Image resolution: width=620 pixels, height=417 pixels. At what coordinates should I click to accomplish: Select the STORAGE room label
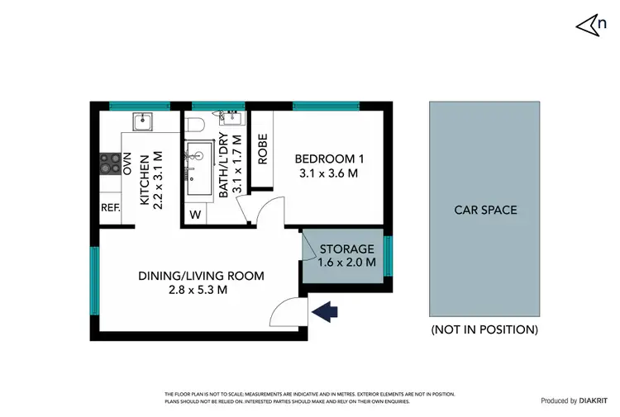coord(347,249)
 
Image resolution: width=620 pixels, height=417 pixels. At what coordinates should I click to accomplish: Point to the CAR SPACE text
coord(485,210)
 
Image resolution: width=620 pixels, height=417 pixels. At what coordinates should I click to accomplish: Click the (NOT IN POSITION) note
coord(484,329)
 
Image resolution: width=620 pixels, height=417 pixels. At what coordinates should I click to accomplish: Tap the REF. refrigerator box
coord(110,208)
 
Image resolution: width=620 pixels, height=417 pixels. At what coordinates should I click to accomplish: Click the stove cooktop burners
coord(110,163)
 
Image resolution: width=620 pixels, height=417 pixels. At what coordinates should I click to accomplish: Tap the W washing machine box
coord(196,215)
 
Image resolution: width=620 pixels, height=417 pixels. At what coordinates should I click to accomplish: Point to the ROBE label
coord(262,149)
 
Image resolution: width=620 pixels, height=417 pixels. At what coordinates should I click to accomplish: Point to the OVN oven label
coord(127,163)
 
